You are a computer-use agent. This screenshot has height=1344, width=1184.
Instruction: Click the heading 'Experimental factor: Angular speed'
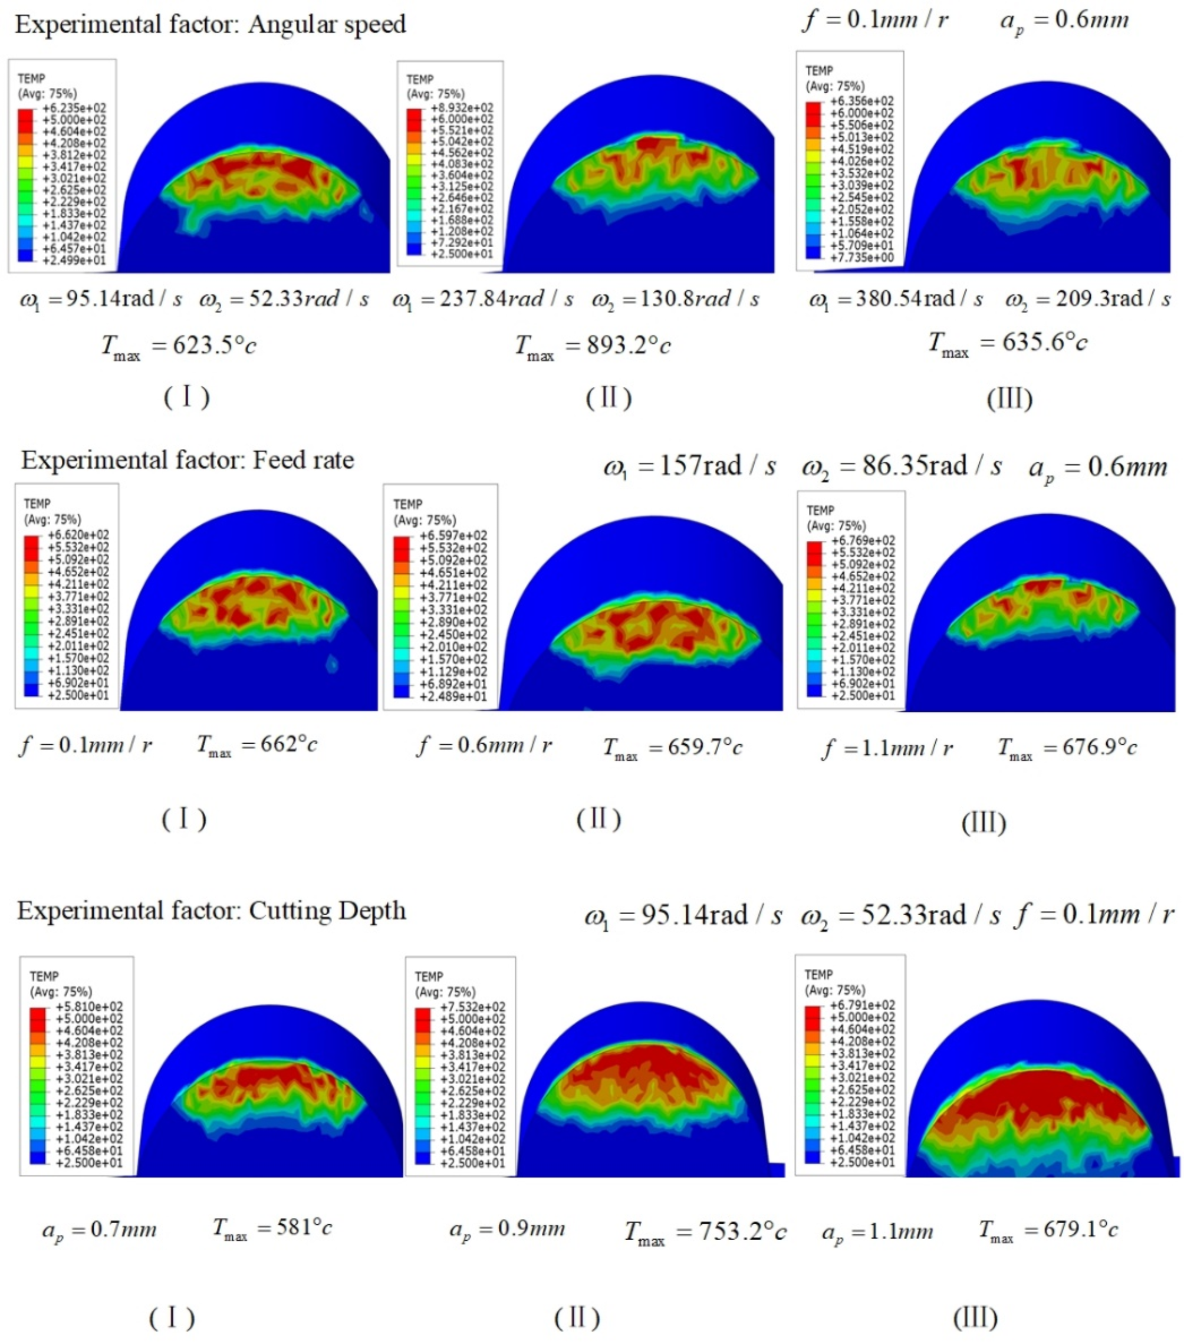(x=211, y=25)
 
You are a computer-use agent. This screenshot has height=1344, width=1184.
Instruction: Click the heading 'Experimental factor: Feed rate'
(x=188, y=460)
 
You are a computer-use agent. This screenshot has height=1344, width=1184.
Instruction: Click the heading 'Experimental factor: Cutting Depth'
(x=211, y=911)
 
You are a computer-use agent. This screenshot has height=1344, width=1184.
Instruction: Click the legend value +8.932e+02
(x=462, y=108)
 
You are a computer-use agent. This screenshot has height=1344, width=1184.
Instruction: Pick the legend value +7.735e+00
(x=861, y=257)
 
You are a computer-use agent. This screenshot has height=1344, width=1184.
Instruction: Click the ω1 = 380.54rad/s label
(x=896, y=300)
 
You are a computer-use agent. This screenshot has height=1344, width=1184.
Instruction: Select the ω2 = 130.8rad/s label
(x=675, y=300)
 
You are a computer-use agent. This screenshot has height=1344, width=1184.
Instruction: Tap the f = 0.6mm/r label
(x=485, y=746)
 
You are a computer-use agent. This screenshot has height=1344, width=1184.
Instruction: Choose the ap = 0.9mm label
(x=507, y=1230)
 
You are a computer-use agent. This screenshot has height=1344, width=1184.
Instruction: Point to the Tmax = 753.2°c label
(x=705, y=1232)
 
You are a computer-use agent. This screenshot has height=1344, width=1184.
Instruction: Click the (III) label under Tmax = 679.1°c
(x=975, y=1317)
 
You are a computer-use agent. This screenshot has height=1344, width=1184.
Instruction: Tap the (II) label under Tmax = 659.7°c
(x=598, y=819)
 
